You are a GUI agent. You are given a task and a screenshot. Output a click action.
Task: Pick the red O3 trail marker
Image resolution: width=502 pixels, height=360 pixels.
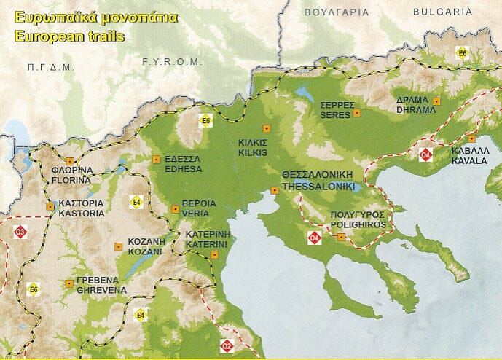click(20, 232)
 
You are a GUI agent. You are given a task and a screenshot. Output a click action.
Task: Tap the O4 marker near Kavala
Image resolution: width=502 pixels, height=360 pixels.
click(425, 154)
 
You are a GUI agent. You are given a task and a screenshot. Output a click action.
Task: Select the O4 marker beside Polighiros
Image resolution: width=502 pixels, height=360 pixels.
click(315, 237)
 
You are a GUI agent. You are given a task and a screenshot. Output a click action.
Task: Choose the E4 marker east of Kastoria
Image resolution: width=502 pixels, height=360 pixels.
click(136, 201)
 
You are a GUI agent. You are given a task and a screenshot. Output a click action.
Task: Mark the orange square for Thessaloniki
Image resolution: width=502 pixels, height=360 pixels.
click(275, 190)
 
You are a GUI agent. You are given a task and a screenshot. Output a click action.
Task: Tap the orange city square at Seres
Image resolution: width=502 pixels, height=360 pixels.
click(356, 113)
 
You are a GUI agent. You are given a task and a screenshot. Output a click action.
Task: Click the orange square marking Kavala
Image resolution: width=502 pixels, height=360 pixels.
click(471, 138)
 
